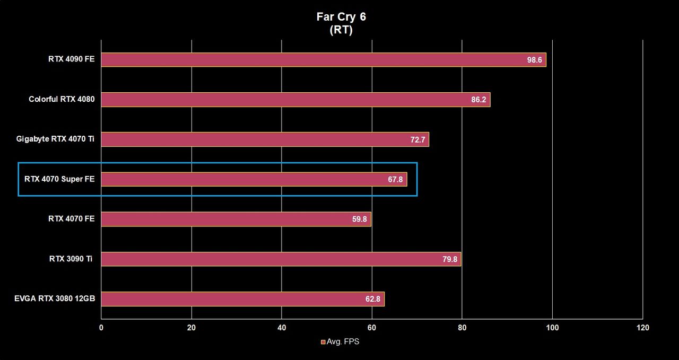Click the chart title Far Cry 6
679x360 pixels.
tap(341, 17)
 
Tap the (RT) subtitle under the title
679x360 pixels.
tap(341, 30)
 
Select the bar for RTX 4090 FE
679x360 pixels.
tap(324, 60)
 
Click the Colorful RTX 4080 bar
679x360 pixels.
tap(295, 100)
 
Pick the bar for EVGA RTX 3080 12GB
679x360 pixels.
tap(243, 299)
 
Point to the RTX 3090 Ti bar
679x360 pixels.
tap(281, 259)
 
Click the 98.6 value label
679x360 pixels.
tap(534, 60)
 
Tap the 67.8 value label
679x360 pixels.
tap(395, 179)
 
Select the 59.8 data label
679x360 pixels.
tap(359, 219)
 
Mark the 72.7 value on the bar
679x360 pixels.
tap(417, 139)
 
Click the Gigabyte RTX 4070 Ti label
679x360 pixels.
tap(55, 139)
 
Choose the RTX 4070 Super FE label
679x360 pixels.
tap(59, 179)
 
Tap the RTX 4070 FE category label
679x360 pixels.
tap(71, 219)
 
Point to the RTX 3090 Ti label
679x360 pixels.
tap(71, 259)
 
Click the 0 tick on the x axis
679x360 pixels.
tap(101, 328)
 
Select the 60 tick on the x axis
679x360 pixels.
tap(372, 328)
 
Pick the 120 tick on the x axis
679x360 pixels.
tap(642, 328)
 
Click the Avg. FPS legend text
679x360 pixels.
tap(343, 342)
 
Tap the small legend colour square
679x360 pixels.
tap(323, 342)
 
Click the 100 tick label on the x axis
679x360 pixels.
tap(552, 328)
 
